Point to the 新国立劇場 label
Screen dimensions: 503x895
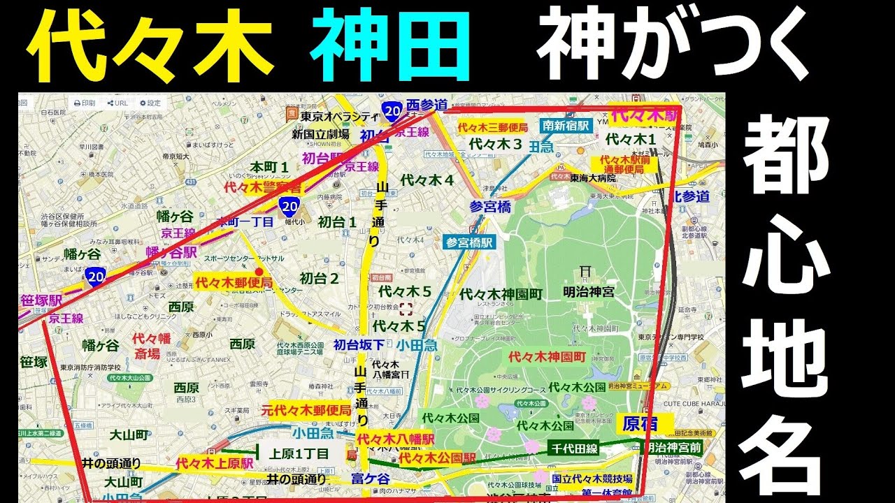pos(321,133)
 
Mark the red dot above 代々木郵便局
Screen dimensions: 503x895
pos(259,271)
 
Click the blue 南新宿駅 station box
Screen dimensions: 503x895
pos(566,126)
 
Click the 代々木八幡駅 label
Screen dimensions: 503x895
pos(395,439)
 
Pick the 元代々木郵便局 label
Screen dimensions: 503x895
pos(306,410)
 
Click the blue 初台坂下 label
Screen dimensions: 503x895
pos(359,344)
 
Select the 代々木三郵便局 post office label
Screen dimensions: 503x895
pos(492,128)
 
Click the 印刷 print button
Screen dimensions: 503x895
pos(85,103)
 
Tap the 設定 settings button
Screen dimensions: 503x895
pos(150,103)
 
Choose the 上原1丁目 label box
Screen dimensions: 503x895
pos(299,453)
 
